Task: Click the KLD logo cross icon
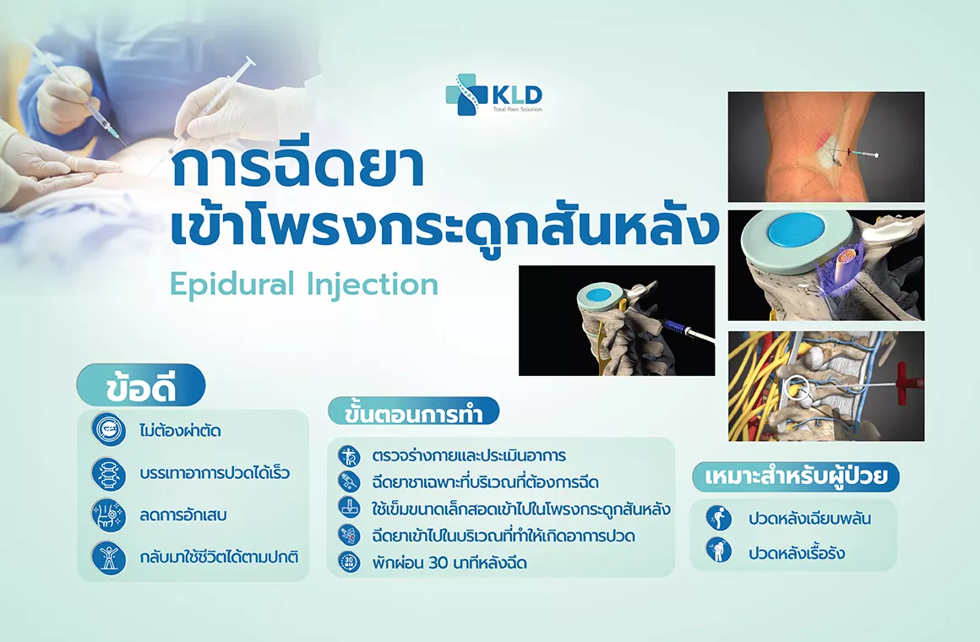[465, 95]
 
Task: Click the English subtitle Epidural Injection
[304, 285]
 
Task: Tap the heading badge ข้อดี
[141, 385]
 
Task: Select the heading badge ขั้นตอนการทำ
[414, 412]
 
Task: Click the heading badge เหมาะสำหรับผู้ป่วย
[796, 477]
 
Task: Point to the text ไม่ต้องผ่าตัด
[180, 431]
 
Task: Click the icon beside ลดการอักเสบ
[109, 515]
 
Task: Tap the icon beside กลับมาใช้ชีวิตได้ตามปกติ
[109, 558]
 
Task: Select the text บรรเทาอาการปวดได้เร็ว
[215, 472]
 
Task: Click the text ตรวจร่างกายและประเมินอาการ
[469, 455]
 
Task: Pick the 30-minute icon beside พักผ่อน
[349, 562]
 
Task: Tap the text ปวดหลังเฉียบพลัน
[809, 518]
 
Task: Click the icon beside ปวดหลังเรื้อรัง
[719, 551]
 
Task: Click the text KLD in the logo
[517, 95]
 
